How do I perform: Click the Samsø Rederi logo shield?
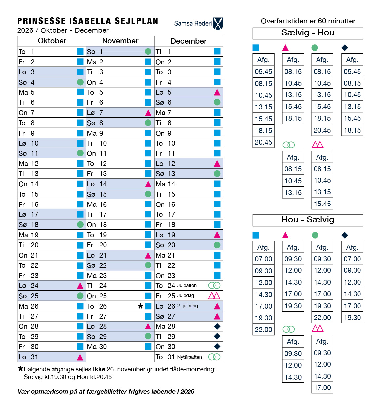(x=218, y=24)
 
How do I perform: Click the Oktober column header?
(x=52, y=41)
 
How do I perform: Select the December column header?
(x=189, y=41)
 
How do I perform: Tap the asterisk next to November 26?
(x=140, y=306)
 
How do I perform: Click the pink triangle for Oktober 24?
(x=80, y=286)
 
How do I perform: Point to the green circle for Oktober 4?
(x=80, y=82)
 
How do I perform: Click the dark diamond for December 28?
(x=217, y=326)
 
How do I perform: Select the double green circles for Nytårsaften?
(x=214, y=357)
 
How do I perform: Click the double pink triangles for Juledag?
(x=214, y=296)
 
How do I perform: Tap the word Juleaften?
(x=187, y=285)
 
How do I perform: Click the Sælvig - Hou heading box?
(x=308, y=33)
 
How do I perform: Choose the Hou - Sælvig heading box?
(x=308, y=220)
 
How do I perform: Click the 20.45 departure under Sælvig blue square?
(x=263, y=142)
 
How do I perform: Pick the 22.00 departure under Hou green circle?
(x=322, y=318)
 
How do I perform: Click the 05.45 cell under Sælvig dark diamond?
(x=352, y=72)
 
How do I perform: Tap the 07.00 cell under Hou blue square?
(x=263, y=259)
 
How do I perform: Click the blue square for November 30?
(x=148, y=347)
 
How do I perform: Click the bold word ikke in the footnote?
(x=99, y=369)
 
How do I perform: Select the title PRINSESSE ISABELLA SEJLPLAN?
(x=88, y=21)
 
